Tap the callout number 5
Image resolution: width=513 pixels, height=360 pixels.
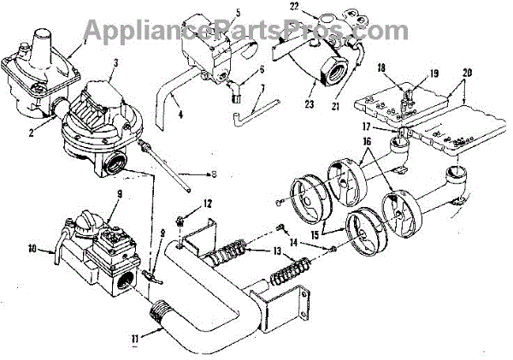[214, 14]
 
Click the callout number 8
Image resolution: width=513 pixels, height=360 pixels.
[214, 174]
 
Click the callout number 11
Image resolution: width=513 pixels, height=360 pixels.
[134, 338]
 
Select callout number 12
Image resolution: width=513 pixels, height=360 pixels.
[206, 203]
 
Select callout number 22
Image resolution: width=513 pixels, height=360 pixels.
[293, 6]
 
